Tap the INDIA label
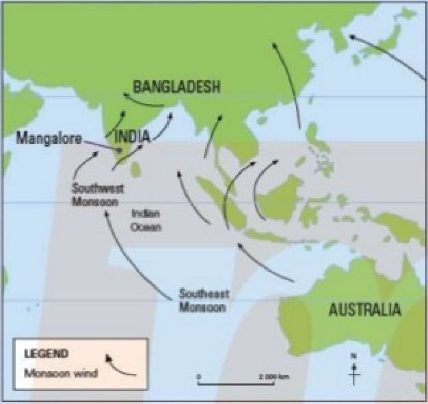tap(131, 136)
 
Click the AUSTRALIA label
tap(364, 310)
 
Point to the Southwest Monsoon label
tap(96, 194)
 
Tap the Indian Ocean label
tap(146, 220)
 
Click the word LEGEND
tap(46, 355)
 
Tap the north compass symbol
tap(353, 370)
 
